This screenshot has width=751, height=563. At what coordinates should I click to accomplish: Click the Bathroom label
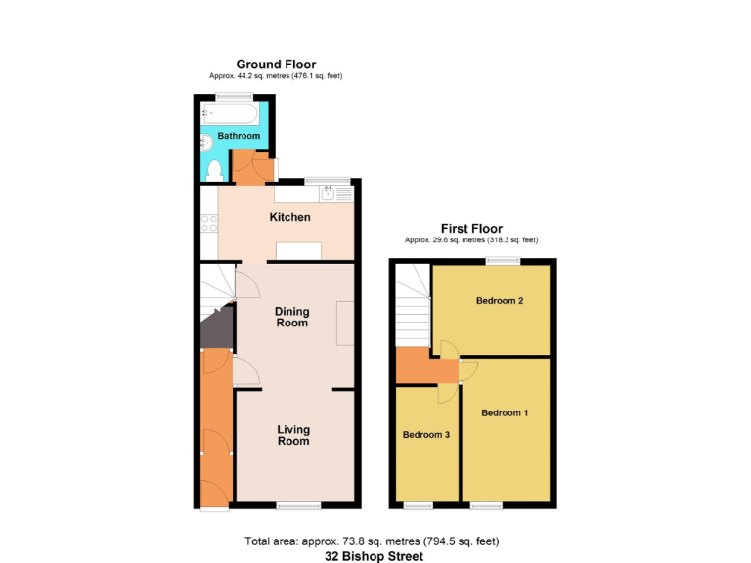[239, 136]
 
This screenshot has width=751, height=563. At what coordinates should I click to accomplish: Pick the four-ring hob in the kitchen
[209, 224]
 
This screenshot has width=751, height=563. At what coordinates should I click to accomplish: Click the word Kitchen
[289, 217]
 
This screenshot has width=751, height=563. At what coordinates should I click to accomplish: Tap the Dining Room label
[291, 317]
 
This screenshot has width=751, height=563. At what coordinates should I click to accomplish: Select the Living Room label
[292, 435]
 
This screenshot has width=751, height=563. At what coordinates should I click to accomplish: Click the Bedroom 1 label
[505, 413]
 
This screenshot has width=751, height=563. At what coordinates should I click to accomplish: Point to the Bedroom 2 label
[500, 301]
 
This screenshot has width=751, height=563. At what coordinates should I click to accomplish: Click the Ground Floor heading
[276, 65]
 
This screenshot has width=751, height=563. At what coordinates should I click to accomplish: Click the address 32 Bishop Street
[375, 556]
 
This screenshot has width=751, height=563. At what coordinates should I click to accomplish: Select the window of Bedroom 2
[505, 260]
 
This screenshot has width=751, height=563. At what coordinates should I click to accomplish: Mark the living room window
[297, 505]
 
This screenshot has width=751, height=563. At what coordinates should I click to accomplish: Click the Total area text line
[375, 541]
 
